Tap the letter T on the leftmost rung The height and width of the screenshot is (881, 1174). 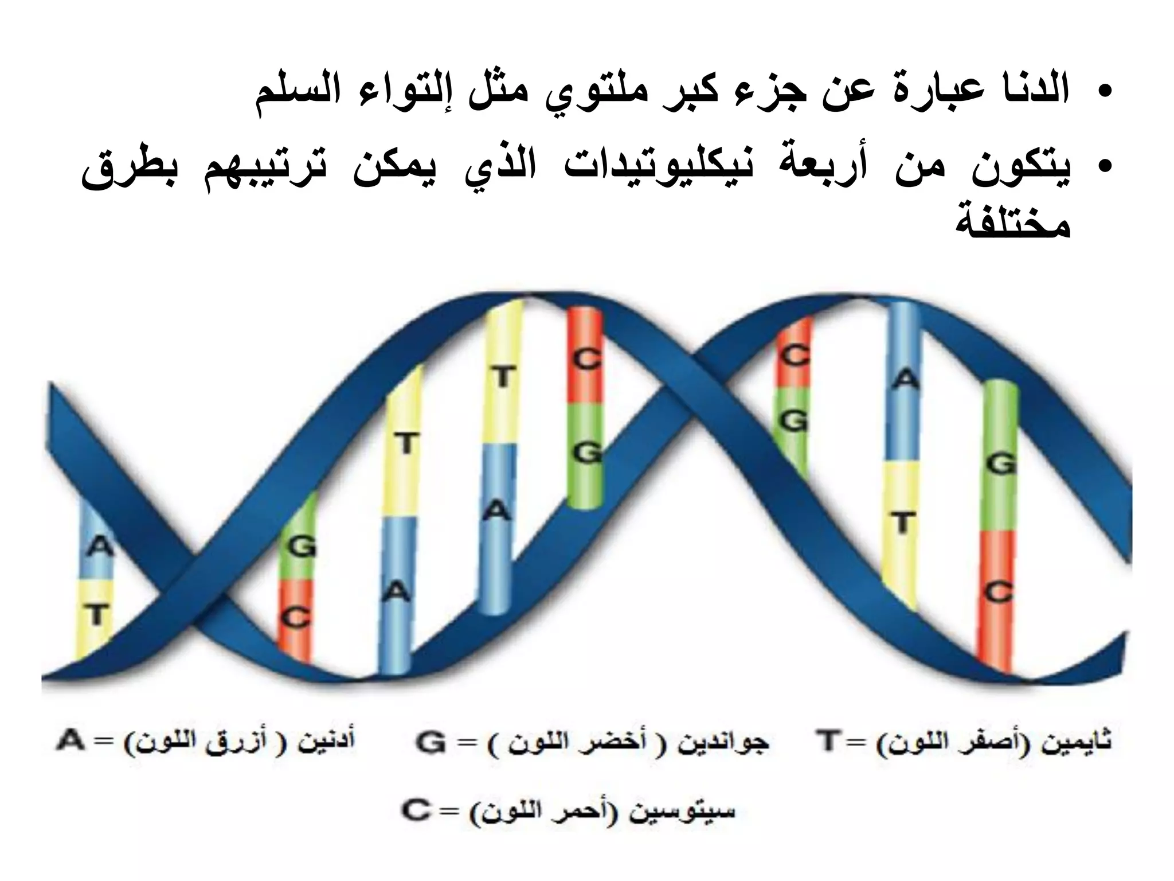click(97, 615)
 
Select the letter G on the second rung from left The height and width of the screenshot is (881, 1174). click(302, 547)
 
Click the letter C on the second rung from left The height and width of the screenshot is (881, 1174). click(297, 618)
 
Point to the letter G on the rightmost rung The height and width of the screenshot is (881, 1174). click(1001, 463)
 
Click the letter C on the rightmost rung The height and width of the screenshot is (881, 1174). click(999, 592)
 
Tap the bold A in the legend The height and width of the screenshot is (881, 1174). click(70, 741)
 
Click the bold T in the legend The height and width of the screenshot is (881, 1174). click(827, 741)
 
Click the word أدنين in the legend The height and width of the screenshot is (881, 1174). click(327, 741)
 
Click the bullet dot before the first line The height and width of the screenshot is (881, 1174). click(1106, 92)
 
